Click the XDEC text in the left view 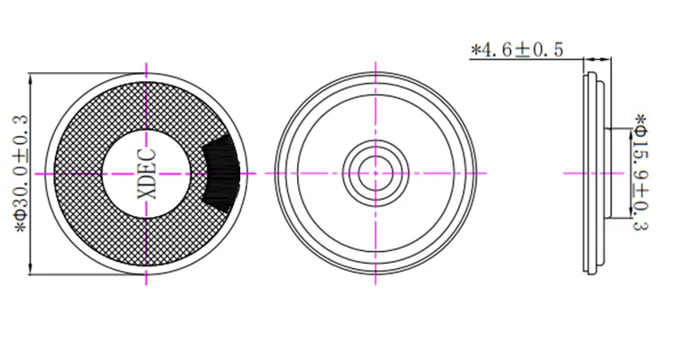click(x=147, y=174)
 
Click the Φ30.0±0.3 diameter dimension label click(x=22, y=174)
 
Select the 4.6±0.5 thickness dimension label click(x=517, y=50)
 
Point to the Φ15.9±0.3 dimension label click(x=640, y=172)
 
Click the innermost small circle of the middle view click(x=375, y=173)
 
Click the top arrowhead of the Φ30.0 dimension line click(x=31, y=78)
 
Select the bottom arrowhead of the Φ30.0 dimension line click(x=31, y=269)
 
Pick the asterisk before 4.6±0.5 click(x=475, y=49)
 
